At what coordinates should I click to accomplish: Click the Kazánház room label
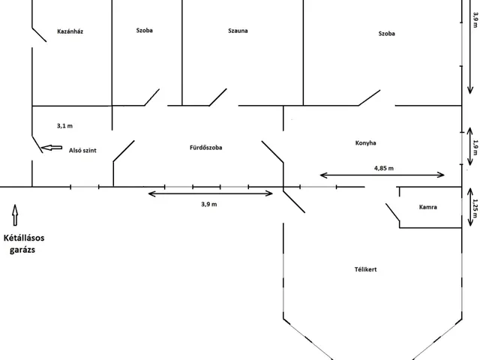(x=70, y=32)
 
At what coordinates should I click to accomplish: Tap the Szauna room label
(x=238, y=32)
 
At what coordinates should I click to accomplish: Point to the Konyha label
(x=366, y=142)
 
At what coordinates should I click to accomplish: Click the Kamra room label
(x=428, y=206)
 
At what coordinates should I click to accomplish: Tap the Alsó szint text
(x=82, y=150)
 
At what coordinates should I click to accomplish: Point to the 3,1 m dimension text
(x=64, y=126)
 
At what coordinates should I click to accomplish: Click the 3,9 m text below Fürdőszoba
(x=209, y=204)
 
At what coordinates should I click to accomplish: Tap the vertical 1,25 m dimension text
(x=473, y=206)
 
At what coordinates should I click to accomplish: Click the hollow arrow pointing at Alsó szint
(x=51, y=148)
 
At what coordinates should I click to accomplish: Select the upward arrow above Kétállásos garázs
(x=14, y=214)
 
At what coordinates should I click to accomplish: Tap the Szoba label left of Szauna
(x=146, y=32)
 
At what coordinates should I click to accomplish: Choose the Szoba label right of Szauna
(x=387, y=34)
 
